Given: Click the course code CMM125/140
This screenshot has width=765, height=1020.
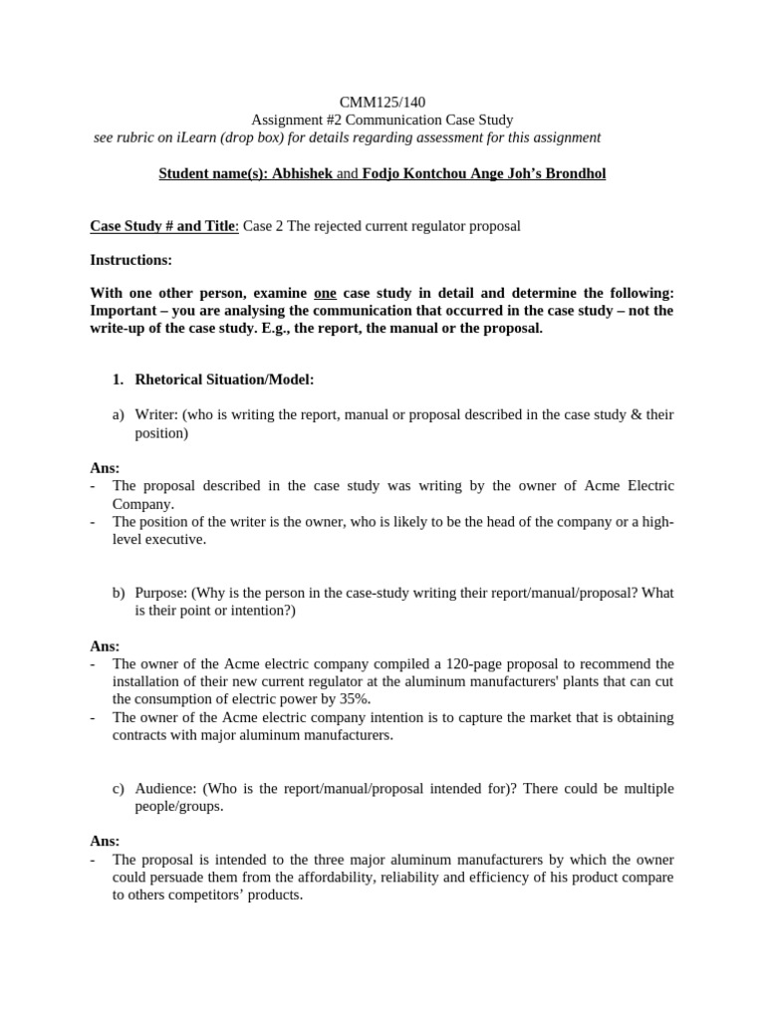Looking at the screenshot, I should (382, 103).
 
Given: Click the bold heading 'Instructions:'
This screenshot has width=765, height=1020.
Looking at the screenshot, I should (130, 260).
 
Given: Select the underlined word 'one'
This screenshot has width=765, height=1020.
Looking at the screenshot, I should (325, 293).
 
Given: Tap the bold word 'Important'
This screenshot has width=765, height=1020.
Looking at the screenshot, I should (126, 311).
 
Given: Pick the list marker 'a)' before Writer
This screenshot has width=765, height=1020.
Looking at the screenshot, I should (119, 414).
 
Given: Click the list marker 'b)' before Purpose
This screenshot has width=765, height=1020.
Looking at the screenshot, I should (119, 593).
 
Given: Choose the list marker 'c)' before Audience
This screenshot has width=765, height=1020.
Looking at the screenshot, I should (119, 788).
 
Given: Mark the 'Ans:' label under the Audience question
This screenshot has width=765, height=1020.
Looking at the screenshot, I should (105, 841).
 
